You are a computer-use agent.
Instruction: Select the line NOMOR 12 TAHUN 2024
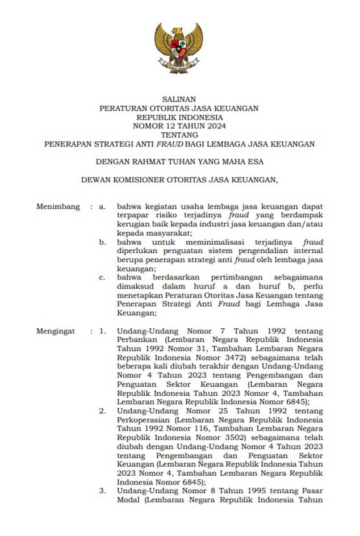[x=179, y=126]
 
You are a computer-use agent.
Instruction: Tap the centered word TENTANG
[x=179, y=135]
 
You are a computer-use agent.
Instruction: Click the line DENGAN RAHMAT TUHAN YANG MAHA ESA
[x=179, y=162]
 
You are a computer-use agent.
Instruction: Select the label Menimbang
[x=58, y=207]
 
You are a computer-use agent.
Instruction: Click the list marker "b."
[x=103, y=242]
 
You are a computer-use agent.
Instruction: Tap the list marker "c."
[x=102, y=277]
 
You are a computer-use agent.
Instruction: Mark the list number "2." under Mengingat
[x=102, y=411]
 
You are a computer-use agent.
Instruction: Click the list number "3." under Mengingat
[x=102, y=491]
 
